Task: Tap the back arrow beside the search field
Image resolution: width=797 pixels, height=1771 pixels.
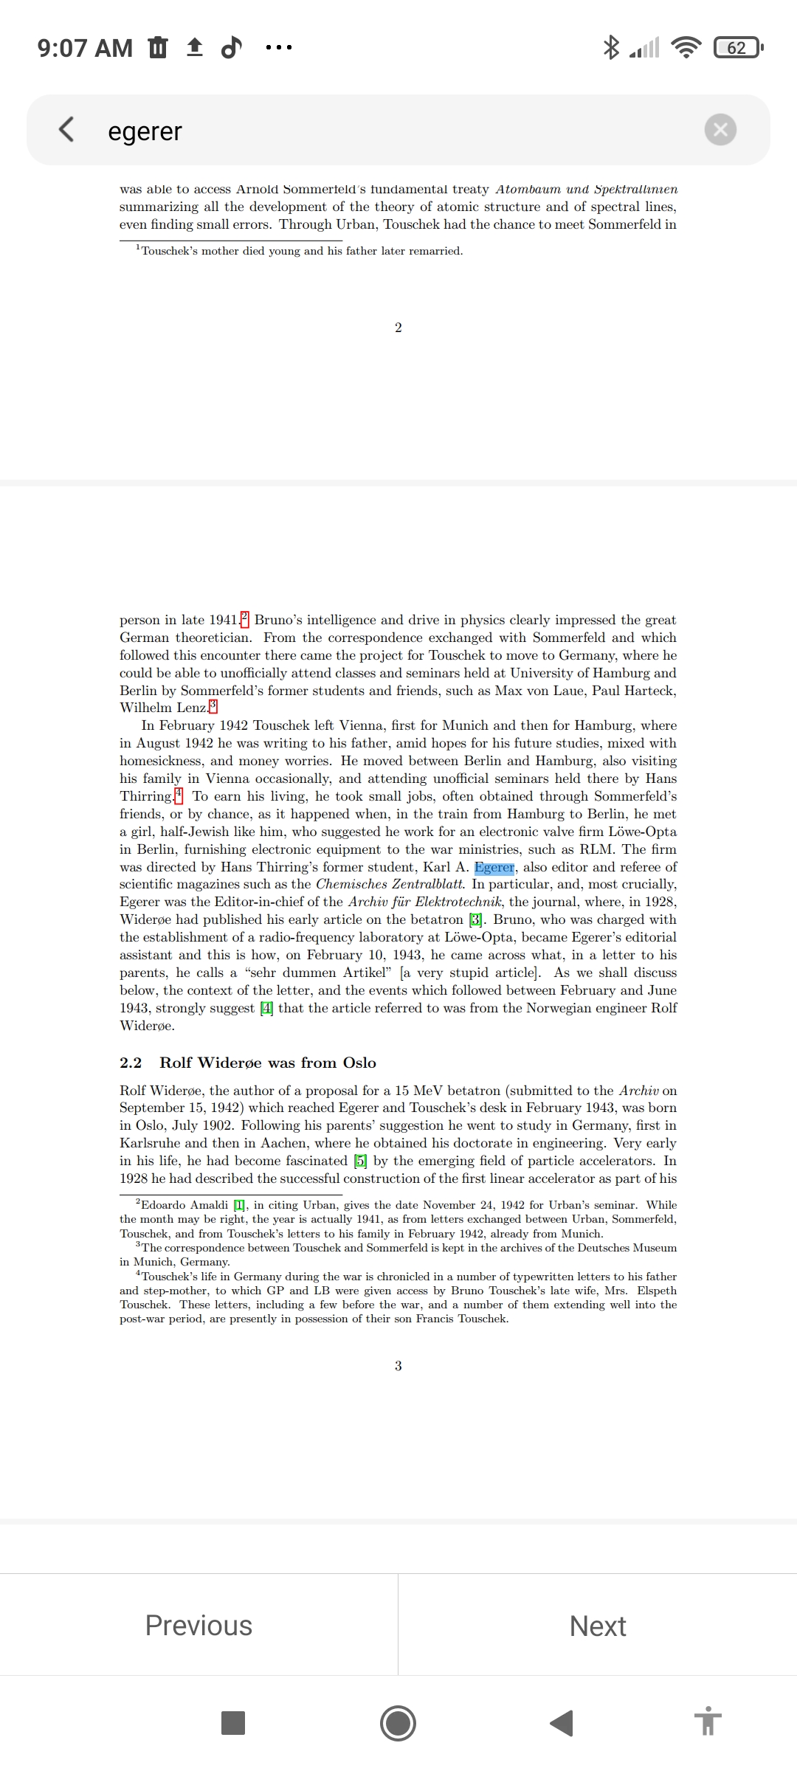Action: (66, 129)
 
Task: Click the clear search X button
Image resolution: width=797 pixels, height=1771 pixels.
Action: (720, 130)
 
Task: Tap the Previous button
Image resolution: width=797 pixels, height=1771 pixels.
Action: (199, 1625)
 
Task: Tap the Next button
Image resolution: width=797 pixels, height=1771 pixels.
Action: (598, 1626)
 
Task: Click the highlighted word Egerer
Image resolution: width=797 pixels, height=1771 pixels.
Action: (494, 867)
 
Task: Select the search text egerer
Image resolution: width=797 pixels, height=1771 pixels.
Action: (145, 131)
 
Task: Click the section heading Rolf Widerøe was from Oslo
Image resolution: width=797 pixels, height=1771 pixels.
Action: (267, 1063)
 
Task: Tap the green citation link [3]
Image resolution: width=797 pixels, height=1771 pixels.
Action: (476, 919)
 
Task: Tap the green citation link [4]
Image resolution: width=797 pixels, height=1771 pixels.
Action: (266, 1008)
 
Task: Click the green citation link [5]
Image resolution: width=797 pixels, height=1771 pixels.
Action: (360, 1161)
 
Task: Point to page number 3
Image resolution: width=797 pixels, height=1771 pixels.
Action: (398, 1366)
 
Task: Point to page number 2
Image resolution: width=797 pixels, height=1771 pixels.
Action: (398, 328)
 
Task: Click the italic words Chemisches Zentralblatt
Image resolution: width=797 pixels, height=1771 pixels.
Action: (390, 884)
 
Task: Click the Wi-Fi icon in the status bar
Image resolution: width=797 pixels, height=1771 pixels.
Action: (686, 48)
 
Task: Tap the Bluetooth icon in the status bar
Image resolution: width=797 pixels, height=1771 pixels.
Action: (611, 48)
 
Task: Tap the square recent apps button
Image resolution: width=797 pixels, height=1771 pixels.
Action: (233, 1723)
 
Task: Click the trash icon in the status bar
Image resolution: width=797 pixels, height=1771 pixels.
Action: (158, 48)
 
